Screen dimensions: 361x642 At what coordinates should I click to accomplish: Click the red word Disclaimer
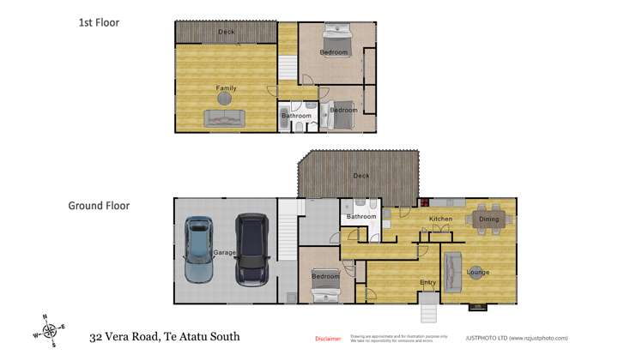tap(328, 339)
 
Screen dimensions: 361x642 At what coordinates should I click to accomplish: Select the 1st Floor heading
tap(99, 23)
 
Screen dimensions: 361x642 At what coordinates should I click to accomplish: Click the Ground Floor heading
tap(99, 206)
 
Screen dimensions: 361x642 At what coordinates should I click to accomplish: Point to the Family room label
tap(226, 87)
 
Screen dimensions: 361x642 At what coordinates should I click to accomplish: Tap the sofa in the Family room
tap(224, 118)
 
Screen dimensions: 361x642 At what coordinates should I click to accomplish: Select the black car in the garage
tap(252, 250)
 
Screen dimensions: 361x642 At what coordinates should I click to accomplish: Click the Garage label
tap(224, 253)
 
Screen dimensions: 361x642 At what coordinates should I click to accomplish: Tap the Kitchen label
tap(440, 220)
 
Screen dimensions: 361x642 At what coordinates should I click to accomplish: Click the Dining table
tap(488, 219)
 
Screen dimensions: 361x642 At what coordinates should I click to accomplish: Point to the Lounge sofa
tap(452, 273)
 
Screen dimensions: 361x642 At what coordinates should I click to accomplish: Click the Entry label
tap(427, 282)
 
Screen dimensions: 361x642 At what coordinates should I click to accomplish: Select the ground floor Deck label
tap(361, 176)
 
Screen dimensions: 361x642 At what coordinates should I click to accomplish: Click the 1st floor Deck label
tap(226, 32)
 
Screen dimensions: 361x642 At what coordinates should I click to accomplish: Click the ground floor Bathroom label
tap(361, 217)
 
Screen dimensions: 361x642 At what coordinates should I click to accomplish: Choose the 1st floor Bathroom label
tap(297, 116)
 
